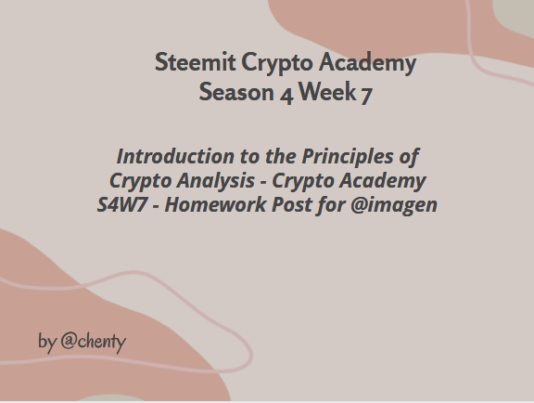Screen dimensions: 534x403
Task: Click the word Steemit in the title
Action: pos(195,62)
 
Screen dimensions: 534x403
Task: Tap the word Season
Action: pos(236,92)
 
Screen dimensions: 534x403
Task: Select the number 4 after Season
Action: pos(286,94)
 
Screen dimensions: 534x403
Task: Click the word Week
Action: pos(327,91)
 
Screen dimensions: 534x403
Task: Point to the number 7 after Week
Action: pos(366,95)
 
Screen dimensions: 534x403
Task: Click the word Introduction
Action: pos(175,156)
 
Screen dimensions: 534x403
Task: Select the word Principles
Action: pos(348,158)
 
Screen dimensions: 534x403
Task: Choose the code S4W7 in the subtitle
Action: pos(122,204)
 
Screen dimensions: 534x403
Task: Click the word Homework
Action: pos(216,204)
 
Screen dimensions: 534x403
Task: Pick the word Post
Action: pos(291,204)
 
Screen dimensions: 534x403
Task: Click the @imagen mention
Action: pos(394,206)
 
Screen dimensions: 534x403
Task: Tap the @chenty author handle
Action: pos(94,342)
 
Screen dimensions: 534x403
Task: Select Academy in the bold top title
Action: pos(367,63)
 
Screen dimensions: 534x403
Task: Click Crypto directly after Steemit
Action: pos(277,64)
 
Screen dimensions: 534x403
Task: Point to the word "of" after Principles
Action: pos(409,158)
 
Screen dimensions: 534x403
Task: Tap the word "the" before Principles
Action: pos(281,156)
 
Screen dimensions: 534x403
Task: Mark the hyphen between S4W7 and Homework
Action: pos(156,206)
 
